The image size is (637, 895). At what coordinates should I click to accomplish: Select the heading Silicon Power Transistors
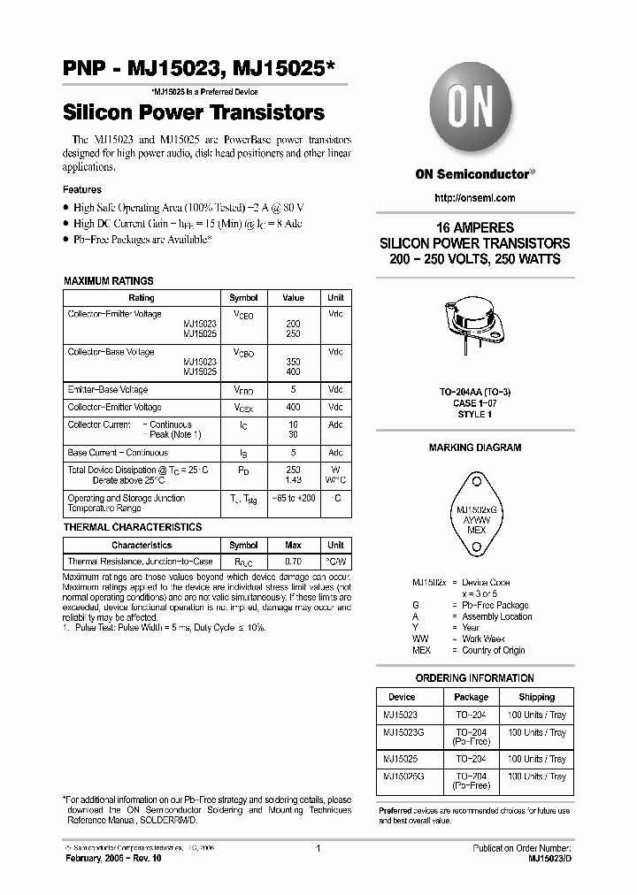tap(193, 113)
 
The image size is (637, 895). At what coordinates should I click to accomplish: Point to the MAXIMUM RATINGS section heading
tap(109, 280)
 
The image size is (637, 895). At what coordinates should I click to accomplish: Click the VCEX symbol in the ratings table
tap(243, 407)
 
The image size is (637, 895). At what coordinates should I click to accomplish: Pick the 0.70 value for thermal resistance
tap(293, 562)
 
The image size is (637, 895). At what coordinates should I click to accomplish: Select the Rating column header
tap(142, 298)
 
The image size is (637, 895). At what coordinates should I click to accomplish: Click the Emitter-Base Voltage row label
tap(108, 389)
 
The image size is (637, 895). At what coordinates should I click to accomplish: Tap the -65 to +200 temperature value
tap(293, 499)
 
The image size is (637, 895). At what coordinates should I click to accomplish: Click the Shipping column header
tap(536, 697)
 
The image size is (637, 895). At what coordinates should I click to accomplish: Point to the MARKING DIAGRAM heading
tap(475, 447)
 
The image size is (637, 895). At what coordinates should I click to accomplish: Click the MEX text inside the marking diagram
tap(475, 530)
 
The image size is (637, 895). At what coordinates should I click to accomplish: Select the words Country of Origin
tap(494, 650)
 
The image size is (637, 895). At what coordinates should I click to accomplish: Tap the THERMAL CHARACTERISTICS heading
tap(133, 527)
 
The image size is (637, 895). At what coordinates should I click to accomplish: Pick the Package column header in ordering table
tap(472, 697)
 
